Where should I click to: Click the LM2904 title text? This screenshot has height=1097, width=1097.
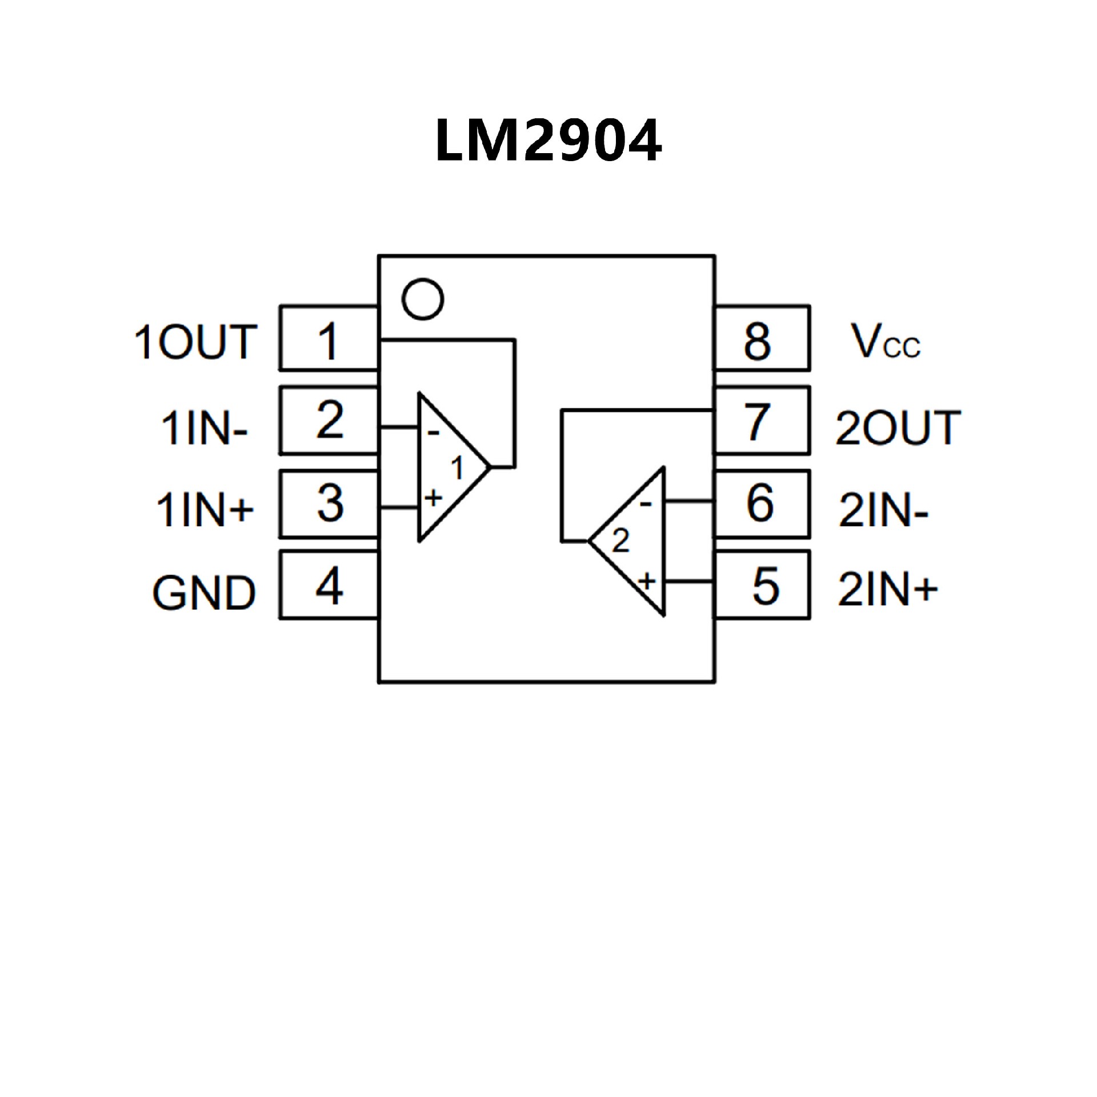(x=548, y=141)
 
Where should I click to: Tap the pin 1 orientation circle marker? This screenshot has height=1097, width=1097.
(x=422, y=299)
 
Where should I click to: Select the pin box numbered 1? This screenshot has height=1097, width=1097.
(x=329, y=338)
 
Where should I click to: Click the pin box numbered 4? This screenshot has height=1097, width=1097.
(x=329, y=584)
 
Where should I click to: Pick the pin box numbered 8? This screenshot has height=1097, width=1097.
(x=762, y=338)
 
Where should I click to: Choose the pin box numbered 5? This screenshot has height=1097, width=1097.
(x=762, y=584)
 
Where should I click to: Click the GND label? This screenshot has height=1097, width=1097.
(x=203, y=592)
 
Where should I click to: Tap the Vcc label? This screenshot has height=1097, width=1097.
(x=885, y=342)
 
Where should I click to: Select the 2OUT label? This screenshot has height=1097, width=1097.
(x=898, y=428)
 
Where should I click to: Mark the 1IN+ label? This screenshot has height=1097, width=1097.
(x=205, y=510)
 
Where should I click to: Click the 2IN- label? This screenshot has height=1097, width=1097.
(x=883, y=510)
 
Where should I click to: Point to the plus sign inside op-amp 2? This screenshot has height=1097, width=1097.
(x=646, y=582)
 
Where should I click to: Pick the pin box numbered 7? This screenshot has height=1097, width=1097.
(x=762, y=421)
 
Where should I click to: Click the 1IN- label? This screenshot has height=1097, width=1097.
(x=205, y=428)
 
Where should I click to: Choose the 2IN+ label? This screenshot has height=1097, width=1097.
(x=887, y=589)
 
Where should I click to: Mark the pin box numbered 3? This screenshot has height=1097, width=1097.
(x=329, y=503)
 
